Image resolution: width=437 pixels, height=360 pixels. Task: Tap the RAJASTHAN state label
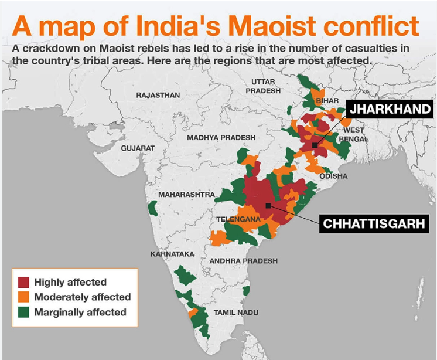click(158, 94)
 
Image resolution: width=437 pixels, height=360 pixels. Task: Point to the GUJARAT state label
click(138, 148)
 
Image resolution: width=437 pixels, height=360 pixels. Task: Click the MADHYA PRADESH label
click(221, 137)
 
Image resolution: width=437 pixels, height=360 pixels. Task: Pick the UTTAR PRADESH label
click(263, 86)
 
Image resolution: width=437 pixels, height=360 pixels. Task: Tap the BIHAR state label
click(327, 101)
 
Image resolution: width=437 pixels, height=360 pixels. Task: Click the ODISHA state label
click(333, 176)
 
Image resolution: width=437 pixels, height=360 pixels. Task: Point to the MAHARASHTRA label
click(186, 194)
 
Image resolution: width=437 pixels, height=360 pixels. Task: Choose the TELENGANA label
click(238, 219)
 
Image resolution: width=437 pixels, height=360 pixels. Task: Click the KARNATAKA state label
click(172, 254)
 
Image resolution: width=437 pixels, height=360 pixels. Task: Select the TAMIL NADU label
click(235, 313)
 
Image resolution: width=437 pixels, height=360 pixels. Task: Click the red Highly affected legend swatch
click(24, 282)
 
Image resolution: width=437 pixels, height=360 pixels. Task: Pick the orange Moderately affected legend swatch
click(24, 297)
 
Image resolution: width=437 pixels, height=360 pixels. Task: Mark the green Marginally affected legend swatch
click(24, 312)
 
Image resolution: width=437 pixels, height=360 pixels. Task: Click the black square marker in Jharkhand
click(315, 145)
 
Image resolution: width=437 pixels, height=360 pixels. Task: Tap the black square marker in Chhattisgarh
click(268, 205)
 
